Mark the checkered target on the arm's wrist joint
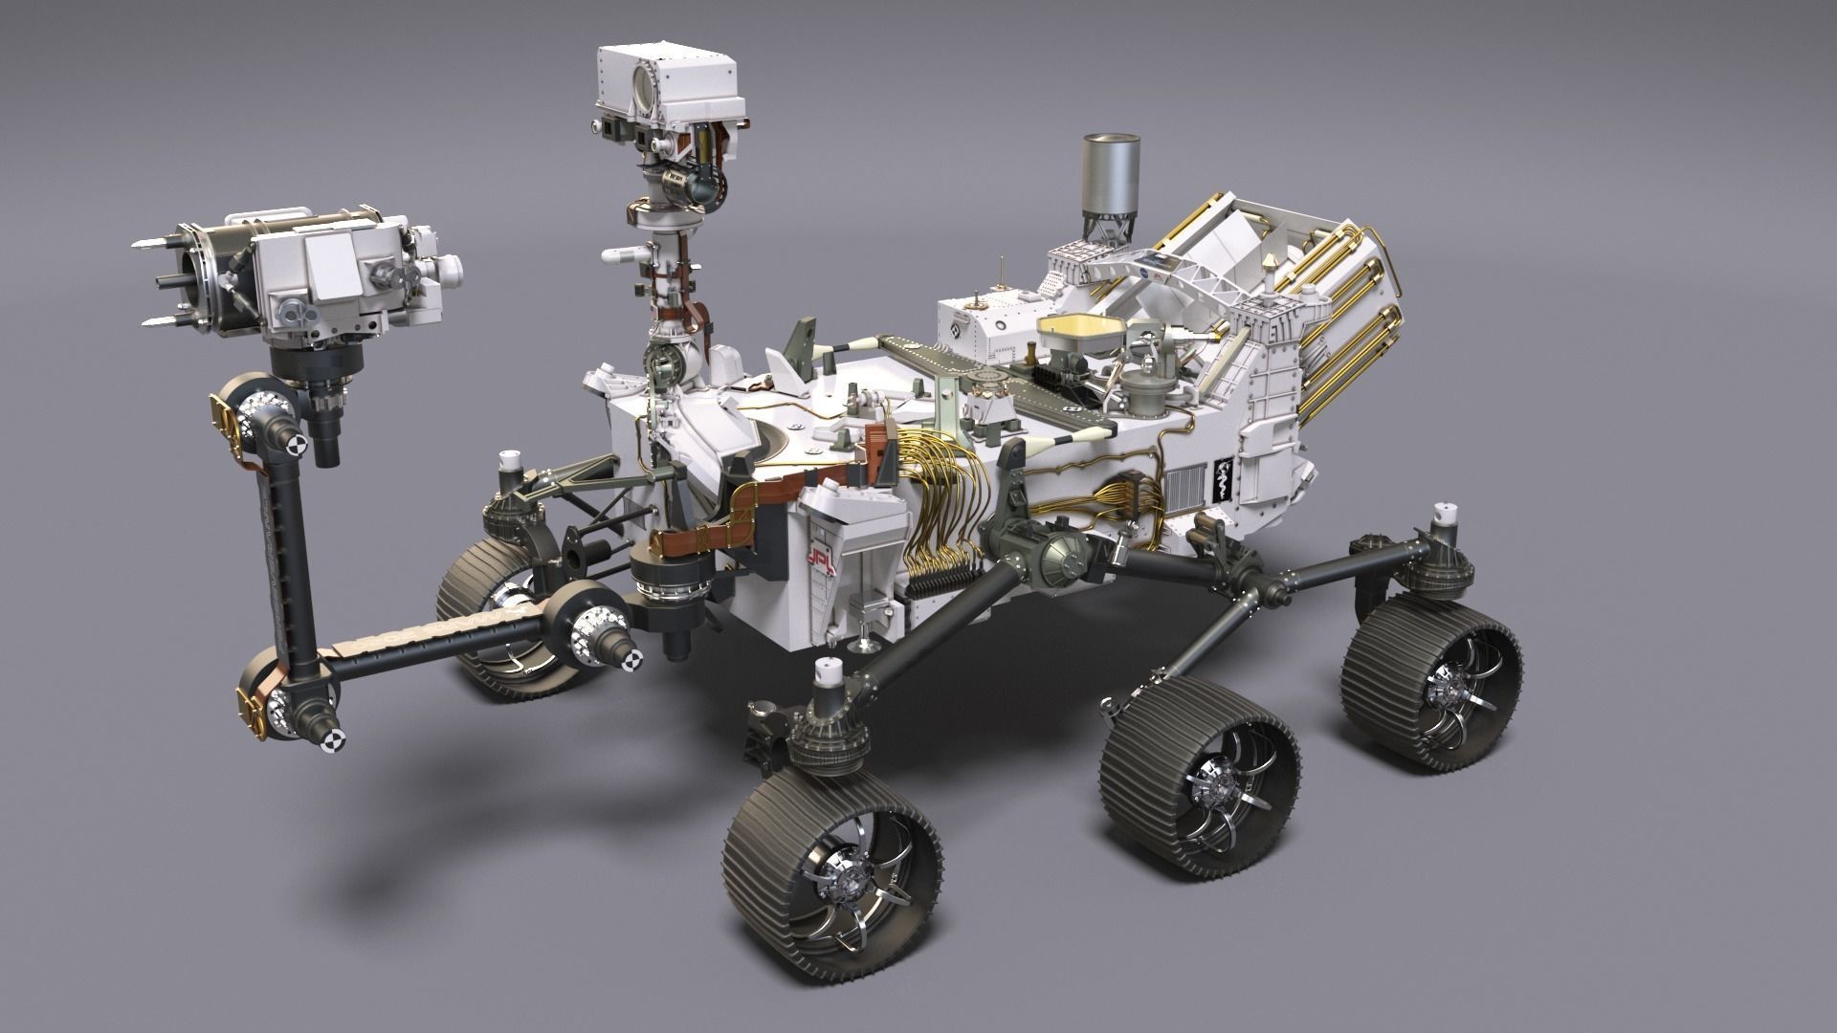click(298, 445)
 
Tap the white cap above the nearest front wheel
click(828, 675)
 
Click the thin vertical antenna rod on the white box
click(1001, 272)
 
